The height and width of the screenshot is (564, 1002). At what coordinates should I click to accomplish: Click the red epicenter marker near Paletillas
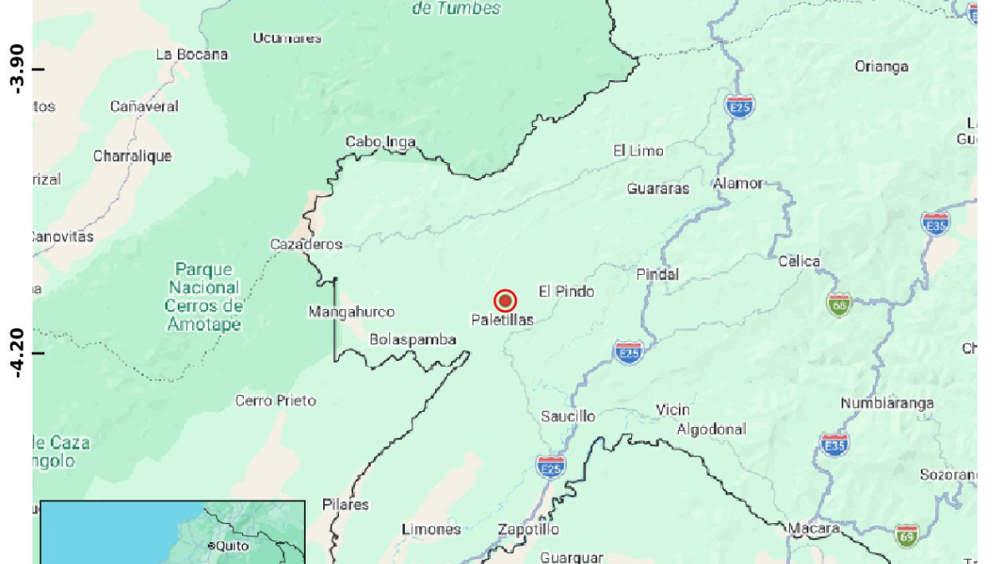pos(504,301)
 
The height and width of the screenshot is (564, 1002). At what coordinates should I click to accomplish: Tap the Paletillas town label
pos(502,320)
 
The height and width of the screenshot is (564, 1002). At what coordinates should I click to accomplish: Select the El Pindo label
pos(566,292)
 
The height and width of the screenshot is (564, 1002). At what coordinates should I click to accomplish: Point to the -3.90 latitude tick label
pos(16,69)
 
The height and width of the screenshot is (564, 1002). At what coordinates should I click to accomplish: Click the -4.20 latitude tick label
pos(16,353)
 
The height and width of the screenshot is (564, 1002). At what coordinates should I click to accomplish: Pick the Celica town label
pos(799,262)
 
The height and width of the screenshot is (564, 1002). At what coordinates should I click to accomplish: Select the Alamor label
pos(738,184)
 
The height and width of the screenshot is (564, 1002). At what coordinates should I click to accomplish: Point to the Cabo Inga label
pos(381,142)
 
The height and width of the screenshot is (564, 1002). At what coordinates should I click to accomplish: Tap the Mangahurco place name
pos(352,312)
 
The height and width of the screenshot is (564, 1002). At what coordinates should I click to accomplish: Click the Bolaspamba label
pos(413,339)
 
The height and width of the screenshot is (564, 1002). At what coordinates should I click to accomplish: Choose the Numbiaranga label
pos(887,404)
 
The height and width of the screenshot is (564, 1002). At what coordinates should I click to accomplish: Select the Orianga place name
pos(882,67)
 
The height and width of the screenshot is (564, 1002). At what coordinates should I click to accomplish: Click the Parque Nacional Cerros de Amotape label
pos(204,297)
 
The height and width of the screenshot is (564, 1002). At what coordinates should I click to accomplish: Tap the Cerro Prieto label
pos(276,401)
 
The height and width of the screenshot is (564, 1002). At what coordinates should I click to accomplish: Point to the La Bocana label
pos(192,54)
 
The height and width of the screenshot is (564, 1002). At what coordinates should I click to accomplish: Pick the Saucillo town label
pos(568,416)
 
